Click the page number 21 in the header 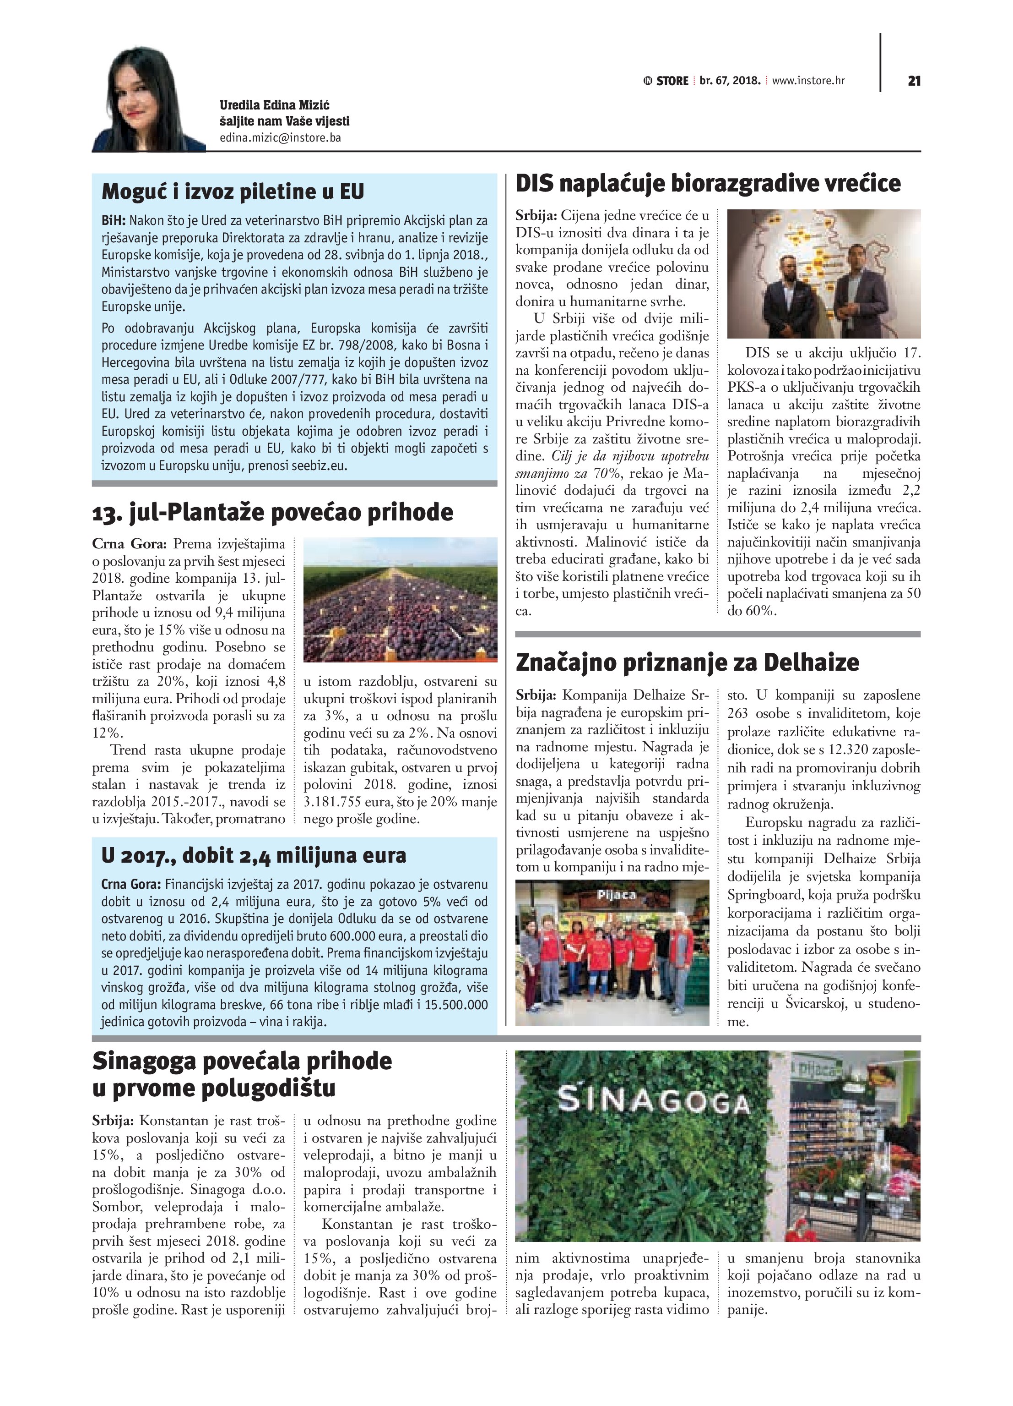(914, 81)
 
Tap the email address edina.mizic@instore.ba (280, 137)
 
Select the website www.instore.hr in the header (808, 81)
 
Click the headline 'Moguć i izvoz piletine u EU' (233, 191)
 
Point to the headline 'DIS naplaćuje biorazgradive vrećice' (708, 184)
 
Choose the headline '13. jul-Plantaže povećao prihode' (273, 513)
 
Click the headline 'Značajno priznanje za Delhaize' (687, 662)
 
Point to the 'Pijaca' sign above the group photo (617, 895)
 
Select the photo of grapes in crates (400, 600)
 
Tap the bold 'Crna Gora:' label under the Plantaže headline (129, 544)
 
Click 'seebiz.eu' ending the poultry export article (322, 465)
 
